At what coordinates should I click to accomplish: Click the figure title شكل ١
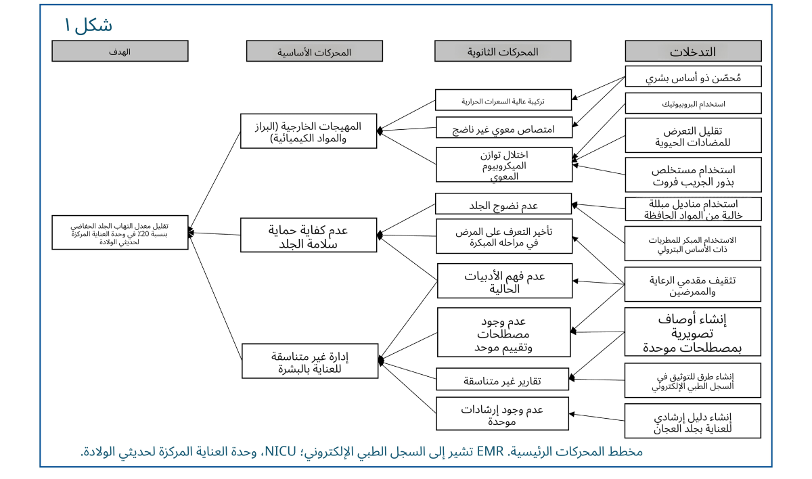pyautogui.click(x=88, y=26)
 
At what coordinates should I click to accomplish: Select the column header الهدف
pyautogui.click(x=120, y=51)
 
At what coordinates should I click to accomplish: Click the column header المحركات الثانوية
pyautogui.click(x=503, y=51)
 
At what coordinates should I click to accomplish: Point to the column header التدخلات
pyautogui.click(x=693, y=51)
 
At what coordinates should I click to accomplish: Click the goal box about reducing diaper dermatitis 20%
pyautogui.click(x=120, y=233)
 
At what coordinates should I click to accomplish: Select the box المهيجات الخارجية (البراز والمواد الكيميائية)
pyautogui.click(x=309, y=131)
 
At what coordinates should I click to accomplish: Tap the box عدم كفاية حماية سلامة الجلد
pyautogui.click(x=309, y=235)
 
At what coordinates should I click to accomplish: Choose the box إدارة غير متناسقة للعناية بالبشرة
pyautogui.click(x=309, y=361)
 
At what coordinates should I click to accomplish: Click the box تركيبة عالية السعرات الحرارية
pyautogui.click(x=503, y=100)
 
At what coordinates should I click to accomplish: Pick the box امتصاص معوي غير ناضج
pyautogui.click(x=503, y=127)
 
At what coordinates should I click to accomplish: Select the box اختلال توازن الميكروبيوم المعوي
pyautogui.click(x=503, y=164)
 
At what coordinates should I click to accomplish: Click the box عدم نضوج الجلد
pyautogui.click(x=503, y=204)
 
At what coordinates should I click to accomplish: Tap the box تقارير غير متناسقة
pyautogui.click(x=503, y=380)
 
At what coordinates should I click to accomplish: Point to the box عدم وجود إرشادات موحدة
pyautogui.click(x=503, y=414)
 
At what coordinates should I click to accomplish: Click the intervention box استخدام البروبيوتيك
pyautogui.click(x=693, y=104)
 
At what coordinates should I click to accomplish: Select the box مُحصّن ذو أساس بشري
pyautogui.click(x=693, y=76)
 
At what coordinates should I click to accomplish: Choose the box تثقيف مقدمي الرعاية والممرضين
pyautogui.click(x=693, y=285)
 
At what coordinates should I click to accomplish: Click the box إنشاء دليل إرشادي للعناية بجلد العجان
pyautogui.click(x=693, y=421)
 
